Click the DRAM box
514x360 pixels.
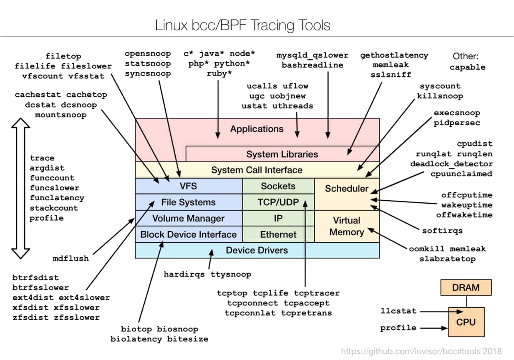466,287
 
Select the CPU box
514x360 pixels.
466,322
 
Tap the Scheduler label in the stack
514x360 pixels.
347,189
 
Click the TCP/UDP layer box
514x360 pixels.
278,202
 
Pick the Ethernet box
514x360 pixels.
278,234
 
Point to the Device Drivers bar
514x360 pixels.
257,250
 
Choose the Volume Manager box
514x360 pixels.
188,218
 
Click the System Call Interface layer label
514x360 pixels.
257,170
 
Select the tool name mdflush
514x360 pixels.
71,258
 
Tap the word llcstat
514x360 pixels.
398,311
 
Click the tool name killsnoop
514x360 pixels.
440,96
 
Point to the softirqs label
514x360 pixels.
442,231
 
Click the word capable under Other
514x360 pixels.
468,67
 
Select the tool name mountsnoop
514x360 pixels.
61,114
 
